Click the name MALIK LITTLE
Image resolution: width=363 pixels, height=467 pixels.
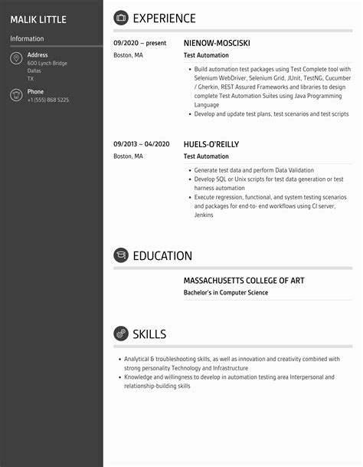click(x=38, y=19)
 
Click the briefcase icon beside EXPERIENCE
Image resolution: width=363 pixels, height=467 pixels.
click(x=121, y=18)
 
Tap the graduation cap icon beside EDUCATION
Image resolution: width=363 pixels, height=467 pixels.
click(x=121, y=255)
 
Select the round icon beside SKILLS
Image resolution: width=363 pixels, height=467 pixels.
click(x=121, y=334)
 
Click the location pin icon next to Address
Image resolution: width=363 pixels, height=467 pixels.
click(x=16, y=59)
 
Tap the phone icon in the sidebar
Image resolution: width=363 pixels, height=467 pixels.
click(x=16, y=95)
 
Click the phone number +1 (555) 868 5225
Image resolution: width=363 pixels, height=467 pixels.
click(x=47, y=100)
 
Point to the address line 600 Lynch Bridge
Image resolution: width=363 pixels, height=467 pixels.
click(x=47, y=64)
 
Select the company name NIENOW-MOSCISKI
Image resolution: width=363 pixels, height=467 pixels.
click(x=217, y=43)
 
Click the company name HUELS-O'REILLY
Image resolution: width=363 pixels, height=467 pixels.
click(x=211, y=143)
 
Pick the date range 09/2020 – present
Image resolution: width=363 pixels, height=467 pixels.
click(x=140, y=43)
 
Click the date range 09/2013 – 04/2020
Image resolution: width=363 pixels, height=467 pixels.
click(x=142, y=143)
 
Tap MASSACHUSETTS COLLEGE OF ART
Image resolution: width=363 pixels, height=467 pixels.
click(x=244, y=281)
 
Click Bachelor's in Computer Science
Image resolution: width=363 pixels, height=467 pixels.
click(x=226, y=292)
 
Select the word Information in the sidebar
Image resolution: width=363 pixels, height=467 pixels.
click(x=27, y=38)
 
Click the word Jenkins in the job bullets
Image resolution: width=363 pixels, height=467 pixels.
click(x=204, y=215)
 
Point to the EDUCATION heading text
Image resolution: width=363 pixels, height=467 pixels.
click(x=162, y=255)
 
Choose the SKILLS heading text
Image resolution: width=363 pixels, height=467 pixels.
click(x=149, y=334)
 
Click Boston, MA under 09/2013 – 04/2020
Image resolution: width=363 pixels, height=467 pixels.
click(x=128, y=156)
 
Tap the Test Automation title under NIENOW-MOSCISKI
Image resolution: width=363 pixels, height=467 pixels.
click(x=206, y=55)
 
